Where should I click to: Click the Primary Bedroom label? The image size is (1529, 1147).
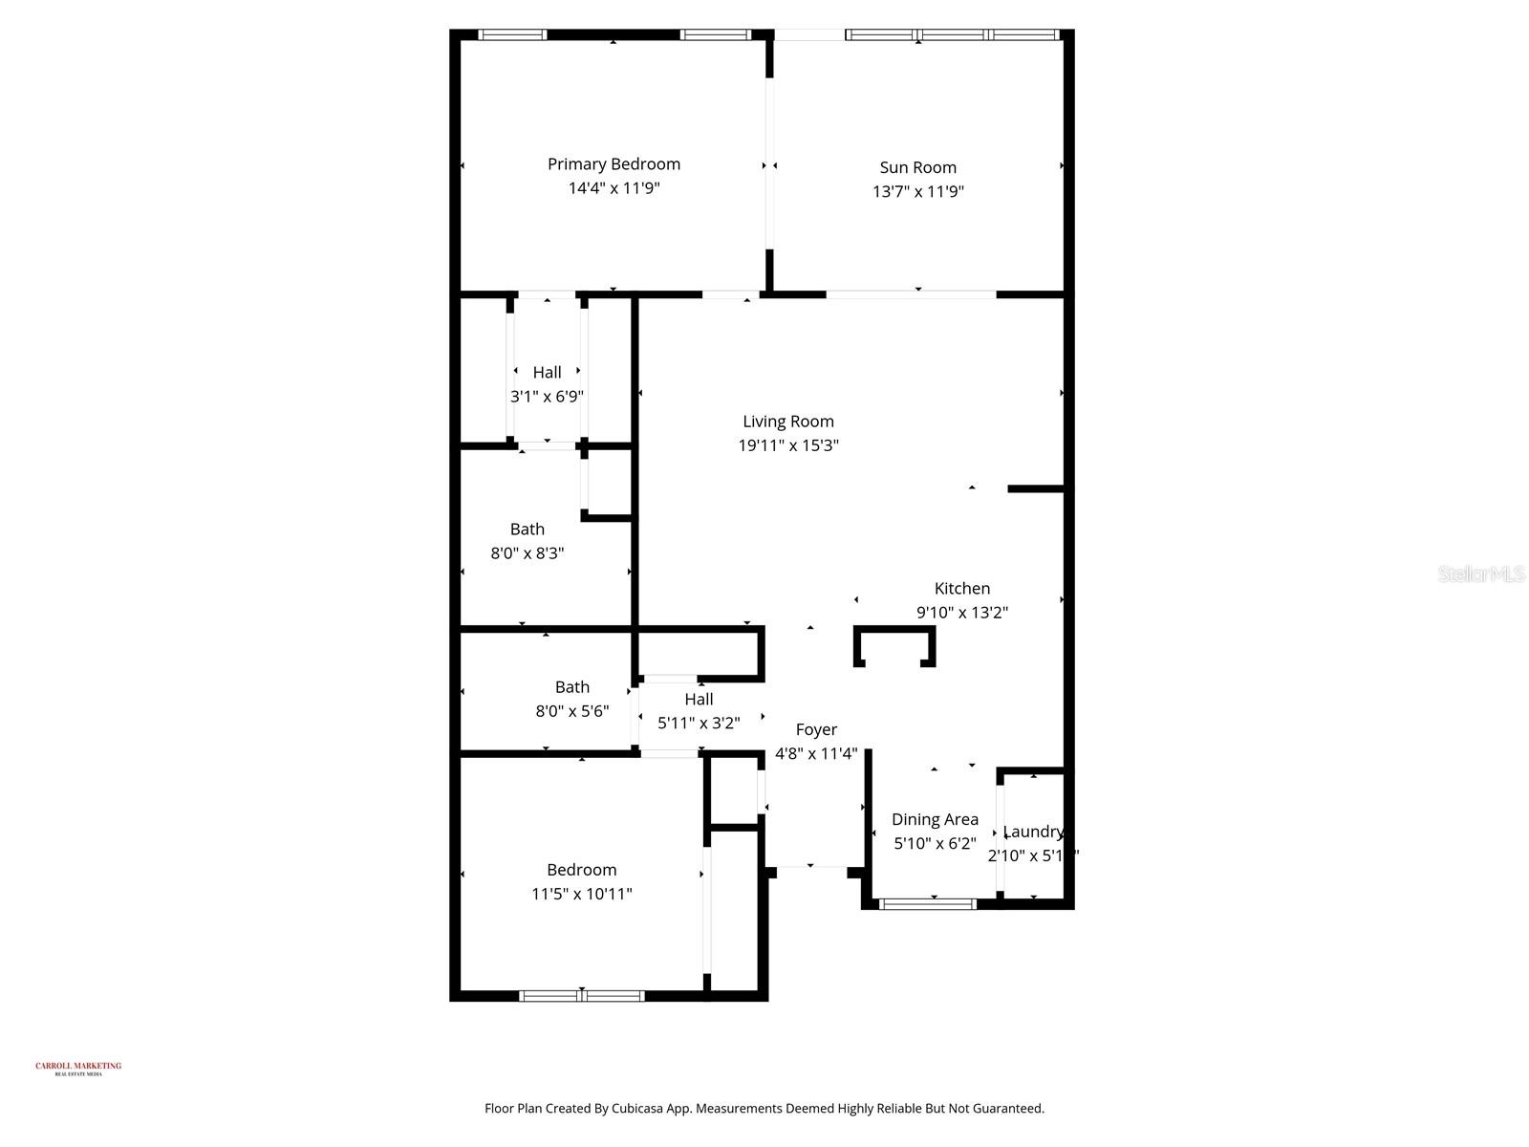click(x=614, y=164)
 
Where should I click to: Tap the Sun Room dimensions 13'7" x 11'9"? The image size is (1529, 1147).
click(x=917, y=191)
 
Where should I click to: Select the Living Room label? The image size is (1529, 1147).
click(x=788, y=422)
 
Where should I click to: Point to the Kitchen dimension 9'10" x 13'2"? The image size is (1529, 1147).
click(x=962, y=613)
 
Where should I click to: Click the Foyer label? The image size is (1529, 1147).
click(x=816, y=730)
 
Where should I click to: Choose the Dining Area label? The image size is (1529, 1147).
click(x=935, y=819)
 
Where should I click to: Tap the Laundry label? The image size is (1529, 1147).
click(x=1033, y=832)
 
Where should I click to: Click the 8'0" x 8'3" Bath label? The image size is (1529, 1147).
click(x=527, y=530)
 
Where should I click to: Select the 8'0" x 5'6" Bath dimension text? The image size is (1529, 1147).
click(x=571, y=711)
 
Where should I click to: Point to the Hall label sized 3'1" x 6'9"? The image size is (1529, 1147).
click(x=547, y=373)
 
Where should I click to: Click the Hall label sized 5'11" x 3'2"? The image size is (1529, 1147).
click(x=699, y=700)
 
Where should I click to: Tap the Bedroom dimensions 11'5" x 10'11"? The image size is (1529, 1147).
click(x=581, y=895)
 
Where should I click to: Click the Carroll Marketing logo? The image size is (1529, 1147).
click(x=78, y=1068)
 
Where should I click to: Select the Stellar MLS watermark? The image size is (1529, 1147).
click(x=1481, y=573)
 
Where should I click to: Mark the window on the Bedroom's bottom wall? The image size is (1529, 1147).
click(x=581, y=996)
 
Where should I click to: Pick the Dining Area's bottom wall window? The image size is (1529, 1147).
click(x=927, y=903)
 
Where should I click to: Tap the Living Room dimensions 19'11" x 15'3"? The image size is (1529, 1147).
click(x=788, y=445)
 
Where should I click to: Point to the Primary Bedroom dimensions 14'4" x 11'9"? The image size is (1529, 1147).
click(x=614, y=188)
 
